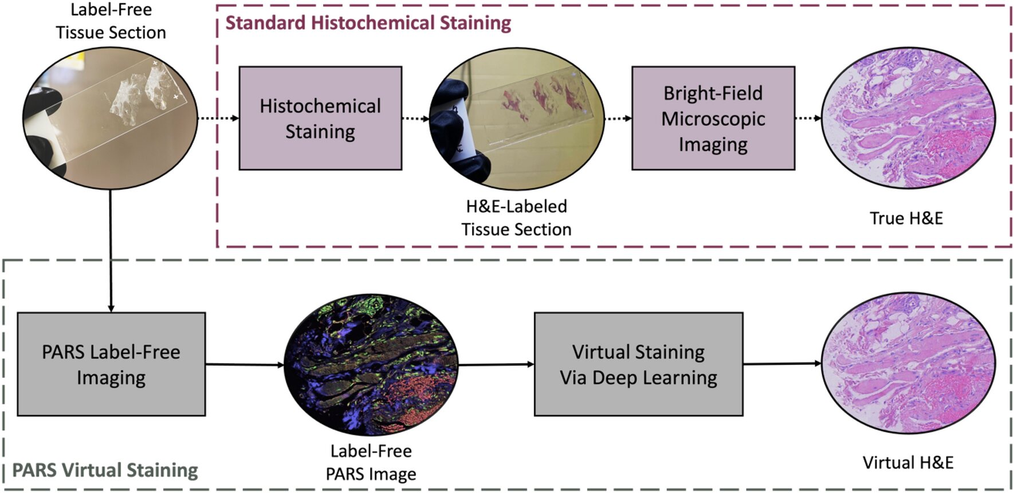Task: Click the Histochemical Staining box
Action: [x=320, y=118]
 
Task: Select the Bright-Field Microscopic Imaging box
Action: [x=713, y=118]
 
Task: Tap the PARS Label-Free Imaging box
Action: [x=111, y=364]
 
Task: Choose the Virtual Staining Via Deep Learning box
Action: [x=638, y=364]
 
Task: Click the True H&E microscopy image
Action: [x=908, y=118]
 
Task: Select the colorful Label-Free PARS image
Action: [x=371, y=365]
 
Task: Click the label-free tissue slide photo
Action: [x=110, y=118]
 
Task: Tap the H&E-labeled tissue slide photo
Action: [x=516, y=119]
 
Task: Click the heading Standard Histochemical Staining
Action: [x=368, y=23]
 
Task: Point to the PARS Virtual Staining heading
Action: [x=105, y=470]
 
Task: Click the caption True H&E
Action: [x=906, y=218]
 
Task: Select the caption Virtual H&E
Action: [x=908, y=463]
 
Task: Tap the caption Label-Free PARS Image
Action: [x=371, y=463]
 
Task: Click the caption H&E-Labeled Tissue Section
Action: [x=516, y=218]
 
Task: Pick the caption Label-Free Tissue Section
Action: [x=111, y=21]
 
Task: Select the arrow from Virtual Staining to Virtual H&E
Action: [x=782, y=364]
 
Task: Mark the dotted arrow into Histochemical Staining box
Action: [x=218, y=119]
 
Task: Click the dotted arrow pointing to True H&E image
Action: [x=808, y=119]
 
